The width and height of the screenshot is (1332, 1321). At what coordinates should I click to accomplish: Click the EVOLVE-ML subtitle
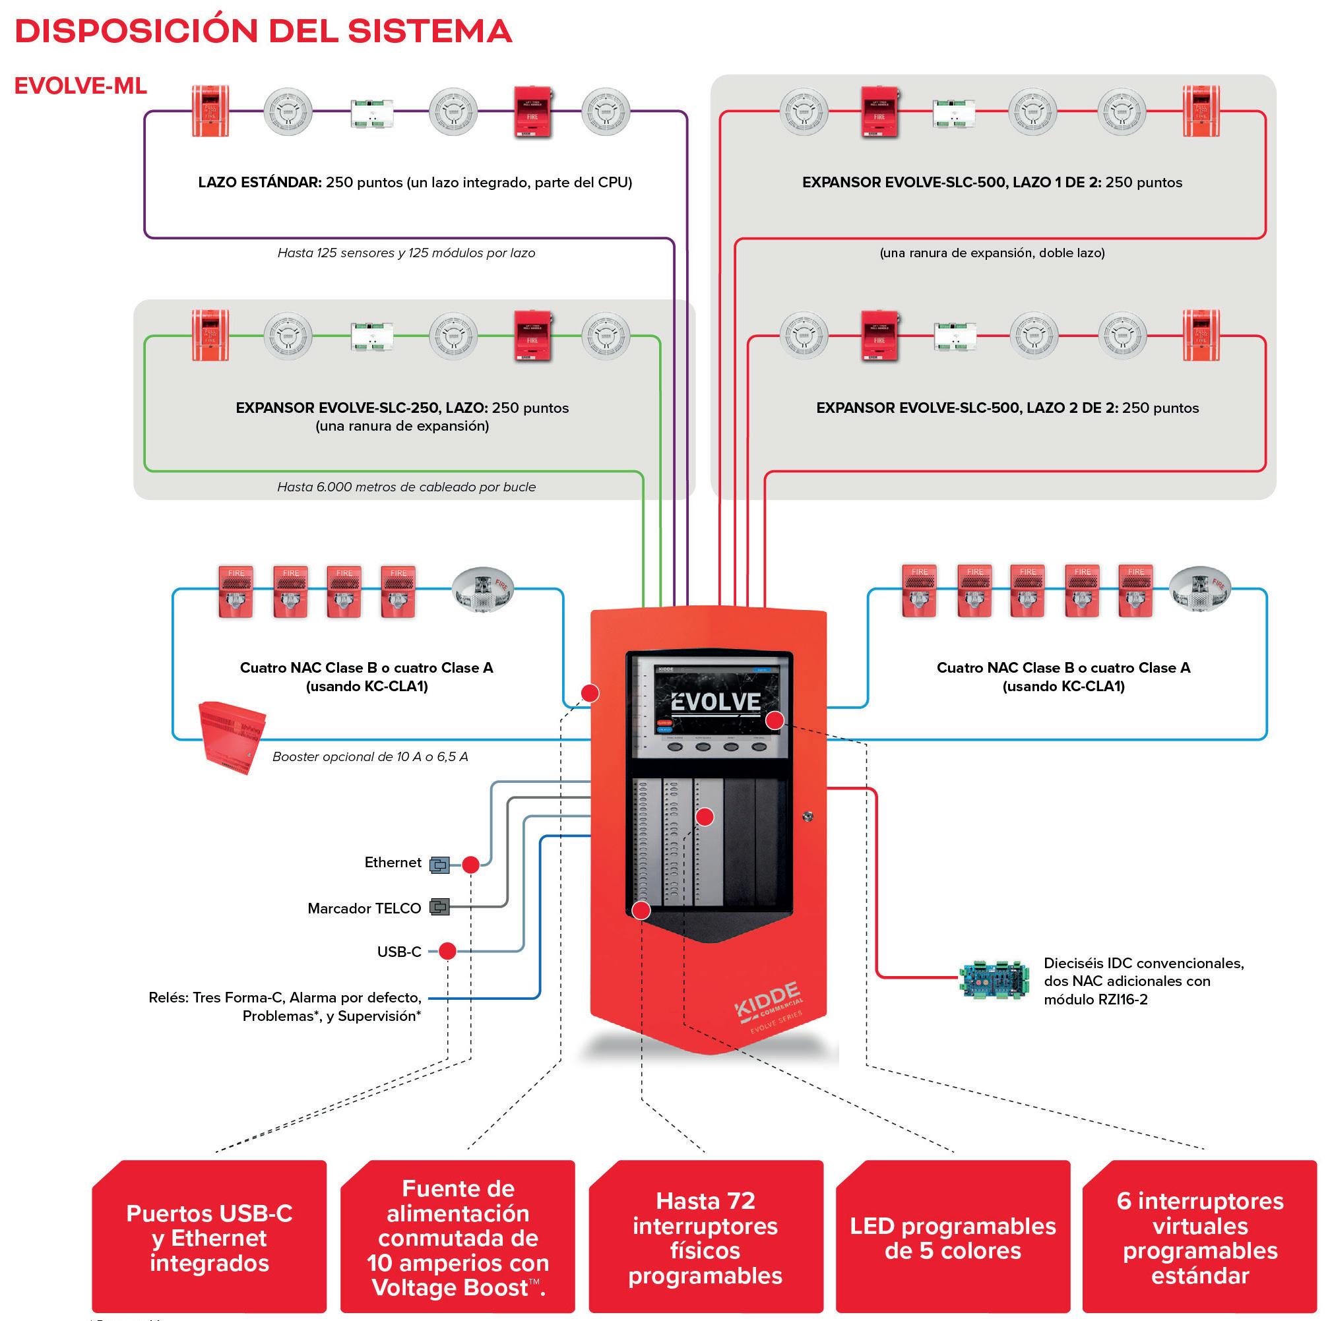pos(80,86)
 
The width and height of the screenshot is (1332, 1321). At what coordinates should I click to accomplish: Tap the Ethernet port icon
pos(439,864)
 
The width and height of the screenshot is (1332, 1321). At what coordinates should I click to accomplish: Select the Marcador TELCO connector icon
pos(439,907)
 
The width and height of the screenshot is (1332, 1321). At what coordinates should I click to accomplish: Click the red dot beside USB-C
pos(447,951)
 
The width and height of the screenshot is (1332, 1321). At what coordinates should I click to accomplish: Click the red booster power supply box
pos(230,736)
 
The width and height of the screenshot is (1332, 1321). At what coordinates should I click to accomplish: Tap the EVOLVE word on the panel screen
pos(716,702)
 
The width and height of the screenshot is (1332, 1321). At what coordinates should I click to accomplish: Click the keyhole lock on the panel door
pos(808,816)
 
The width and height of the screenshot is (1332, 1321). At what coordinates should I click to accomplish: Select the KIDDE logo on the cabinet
pos(767,999)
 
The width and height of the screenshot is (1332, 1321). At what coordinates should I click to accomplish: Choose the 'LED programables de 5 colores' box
pos(953,1239)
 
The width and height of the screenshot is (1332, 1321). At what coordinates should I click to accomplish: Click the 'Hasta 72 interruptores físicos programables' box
pos(705,1239)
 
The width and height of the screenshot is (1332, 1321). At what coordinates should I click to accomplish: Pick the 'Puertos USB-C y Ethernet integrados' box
pos(209,1239)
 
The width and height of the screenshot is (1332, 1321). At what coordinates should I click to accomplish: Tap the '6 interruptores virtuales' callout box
pos(1199,1239)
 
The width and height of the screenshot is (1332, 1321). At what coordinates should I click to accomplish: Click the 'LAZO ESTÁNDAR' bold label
pos(259,183)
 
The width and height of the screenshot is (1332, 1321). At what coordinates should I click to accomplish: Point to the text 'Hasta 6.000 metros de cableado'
pos(406,487)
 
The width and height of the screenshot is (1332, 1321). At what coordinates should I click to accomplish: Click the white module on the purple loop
pos(371,112)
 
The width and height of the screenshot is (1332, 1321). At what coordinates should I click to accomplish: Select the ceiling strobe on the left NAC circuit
pos(483,589)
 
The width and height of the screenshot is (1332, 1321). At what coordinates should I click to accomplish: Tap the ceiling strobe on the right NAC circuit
pos(1200,589)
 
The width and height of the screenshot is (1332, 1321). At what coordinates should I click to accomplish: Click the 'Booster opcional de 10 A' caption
pos(370,756)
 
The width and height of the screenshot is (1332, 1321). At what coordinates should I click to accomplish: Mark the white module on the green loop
pos(371,336)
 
